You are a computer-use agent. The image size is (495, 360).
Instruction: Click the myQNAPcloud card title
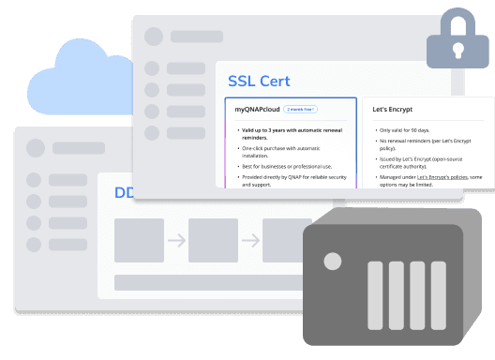coord(256,110)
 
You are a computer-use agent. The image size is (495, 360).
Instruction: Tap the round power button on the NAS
coord(335,260)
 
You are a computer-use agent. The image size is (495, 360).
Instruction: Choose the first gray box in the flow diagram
coord(139,241)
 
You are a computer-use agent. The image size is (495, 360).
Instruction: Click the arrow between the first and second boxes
coord(176,241)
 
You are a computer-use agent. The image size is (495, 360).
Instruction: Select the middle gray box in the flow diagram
coord(213,241)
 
